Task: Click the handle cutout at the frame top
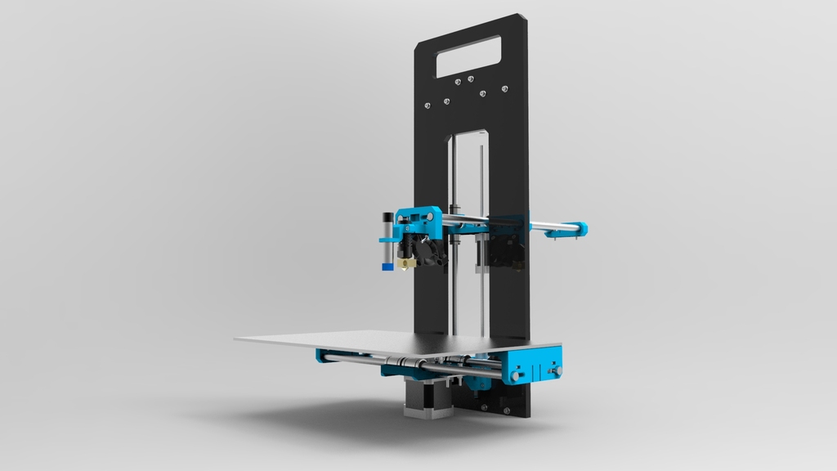click(468, 56)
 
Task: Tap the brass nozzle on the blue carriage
click(402, 264)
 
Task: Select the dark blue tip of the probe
click(387, 265)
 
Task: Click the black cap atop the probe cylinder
click(387, 218)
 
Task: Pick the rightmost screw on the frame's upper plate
click(505, 87)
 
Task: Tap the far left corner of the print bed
click(237, 338)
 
